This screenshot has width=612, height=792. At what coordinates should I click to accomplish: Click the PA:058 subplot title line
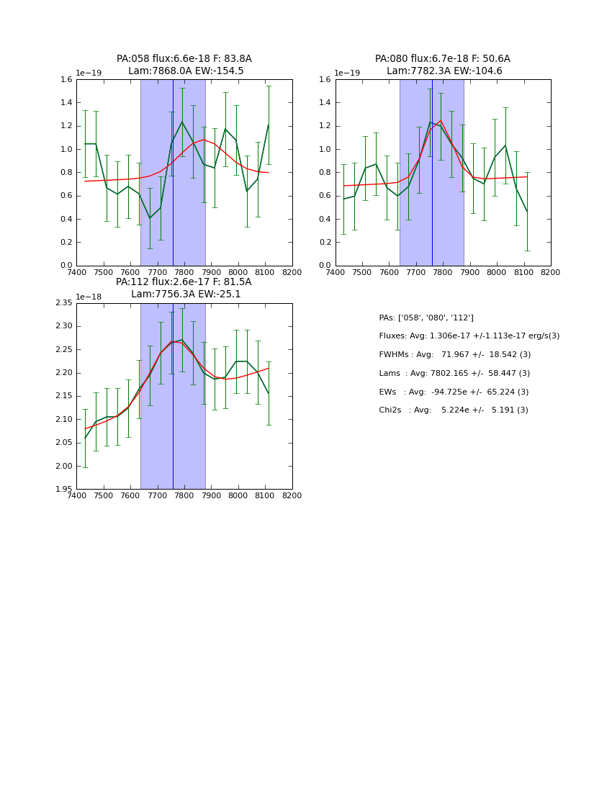[184, 59]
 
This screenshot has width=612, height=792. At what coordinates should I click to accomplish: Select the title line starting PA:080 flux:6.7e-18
[442, 59]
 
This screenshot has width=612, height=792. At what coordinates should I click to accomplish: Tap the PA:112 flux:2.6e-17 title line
[184, 282]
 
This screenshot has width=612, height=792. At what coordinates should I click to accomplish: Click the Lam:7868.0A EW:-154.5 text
[186, 71]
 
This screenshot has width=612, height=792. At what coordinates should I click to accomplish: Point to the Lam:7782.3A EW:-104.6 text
[444, 71]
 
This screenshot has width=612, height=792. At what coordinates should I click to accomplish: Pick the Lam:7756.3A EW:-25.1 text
[186, 294]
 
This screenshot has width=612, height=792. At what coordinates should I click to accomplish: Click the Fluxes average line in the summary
[469, 336]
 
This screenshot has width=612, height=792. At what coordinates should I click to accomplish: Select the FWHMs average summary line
[454, 355]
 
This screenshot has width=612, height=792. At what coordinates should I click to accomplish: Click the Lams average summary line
[454, 374]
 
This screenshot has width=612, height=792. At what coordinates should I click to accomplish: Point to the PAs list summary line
[426, 318]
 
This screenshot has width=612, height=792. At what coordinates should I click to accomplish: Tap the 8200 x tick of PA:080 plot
[551, 273]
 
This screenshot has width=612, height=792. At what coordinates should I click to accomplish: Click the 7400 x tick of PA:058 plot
[76, 273]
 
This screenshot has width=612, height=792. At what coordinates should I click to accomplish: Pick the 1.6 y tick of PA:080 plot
[324, 80]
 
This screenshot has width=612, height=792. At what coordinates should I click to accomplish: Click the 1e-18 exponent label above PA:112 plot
[89, 297]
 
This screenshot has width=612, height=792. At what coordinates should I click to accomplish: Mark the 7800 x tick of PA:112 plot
[184, 496]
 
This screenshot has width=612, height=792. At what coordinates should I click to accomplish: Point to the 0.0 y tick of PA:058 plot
[66, 266]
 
